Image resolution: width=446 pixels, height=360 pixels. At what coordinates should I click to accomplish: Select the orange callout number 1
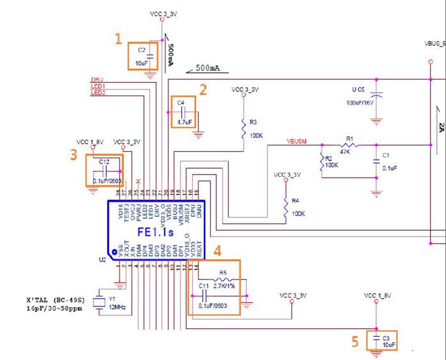click(118, 39)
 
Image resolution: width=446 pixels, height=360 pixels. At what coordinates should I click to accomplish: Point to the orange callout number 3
click(74, 154)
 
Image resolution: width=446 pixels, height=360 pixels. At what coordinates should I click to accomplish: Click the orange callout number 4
click(218, 250)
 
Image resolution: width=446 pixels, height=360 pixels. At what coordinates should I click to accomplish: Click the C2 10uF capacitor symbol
click(150, 56)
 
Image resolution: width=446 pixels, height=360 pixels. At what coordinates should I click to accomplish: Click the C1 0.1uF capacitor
click(376, 162)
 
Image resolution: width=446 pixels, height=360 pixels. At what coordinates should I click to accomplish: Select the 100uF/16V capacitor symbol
click(376, 96)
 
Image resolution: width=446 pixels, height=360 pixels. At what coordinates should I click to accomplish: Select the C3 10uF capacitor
click(378, 339)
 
